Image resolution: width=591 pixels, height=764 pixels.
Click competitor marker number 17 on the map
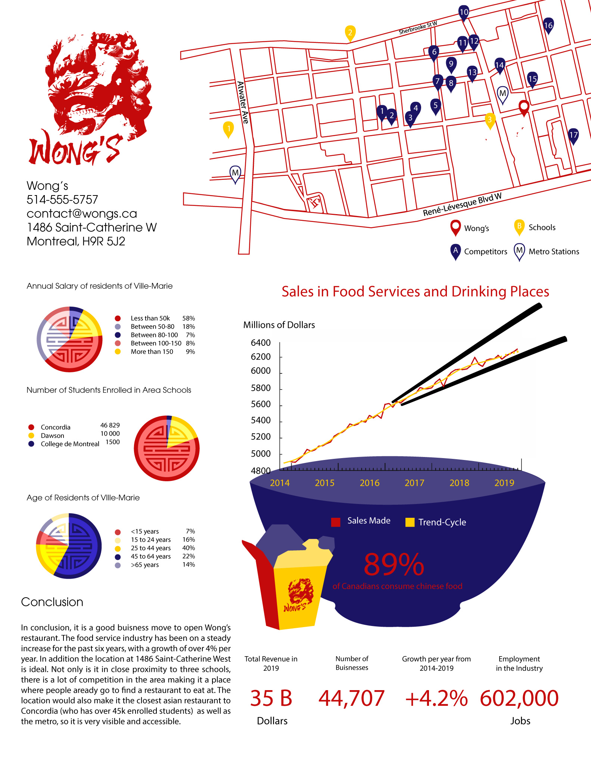[x=573, y=135]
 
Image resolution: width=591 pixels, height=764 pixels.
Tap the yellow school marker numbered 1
[x=228, y=129]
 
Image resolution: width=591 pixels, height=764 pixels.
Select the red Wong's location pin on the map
[x=524, y=107]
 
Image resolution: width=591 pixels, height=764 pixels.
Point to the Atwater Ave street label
[x=243, y=102]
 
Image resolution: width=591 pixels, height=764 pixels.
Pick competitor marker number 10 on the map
[x=464, y=12]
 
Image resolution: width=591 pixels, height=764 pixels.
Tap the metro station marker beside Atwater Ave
[x=235, y=173]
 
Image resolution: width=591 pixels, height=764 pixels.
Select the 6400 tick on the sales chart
[x=261, y=342]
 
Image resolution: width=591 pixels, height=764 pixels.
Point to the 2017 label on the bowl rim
[x=414, y=483]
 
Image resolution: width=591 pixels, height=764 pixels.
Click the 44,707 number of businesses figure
[x=351, y=698]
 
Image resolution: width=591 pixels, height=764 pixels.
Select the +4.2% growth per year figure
[x=436, y=698]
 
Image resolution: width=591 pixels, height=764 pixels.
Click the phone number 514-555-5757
[x=62, y=200]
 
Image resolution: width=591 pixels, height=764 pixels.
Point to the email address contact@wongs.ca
[x=82, y=213]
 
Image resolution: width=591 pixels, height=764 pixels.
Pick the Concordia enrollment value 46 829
[x=110, y=425]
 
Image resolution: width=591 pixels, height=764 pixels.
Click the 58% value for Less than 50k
[x=189, y=318]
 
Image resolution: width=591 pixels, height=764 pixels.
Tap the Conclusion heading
[x=52, y=602]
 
